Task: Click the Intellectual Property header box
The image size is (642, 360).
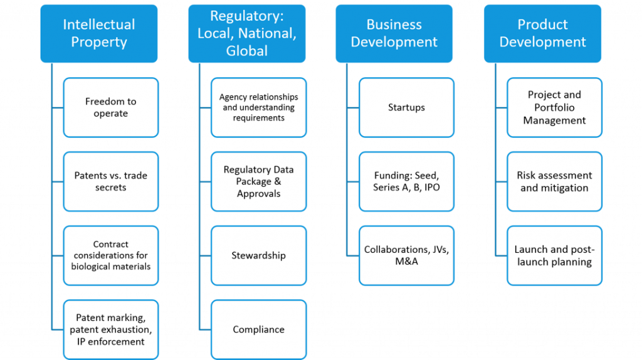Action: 99,33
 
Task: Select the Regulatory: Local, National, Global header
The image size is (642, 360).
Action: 246,33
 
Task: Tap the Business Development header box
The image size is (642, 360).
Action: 394,33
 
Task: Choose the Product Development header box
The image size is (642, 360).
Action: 542,33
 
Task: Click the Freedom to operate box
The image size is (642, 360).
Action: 110,107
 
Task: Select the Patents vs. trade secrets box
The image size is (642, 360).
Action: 110,181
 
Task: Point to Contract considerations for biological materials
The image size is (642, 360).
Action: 110,255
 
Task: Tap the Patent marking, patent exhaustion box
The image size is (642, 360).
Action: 110,329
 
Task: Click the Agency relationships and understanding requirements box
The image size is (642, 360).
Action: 258,107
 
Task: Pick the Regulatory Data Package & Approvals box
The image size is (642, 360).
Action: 258,181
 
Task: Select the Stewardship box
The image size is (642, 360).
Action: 258,255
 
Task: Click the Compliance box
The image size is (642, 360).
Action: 258,329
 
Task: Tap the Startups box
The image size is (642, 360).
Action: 406,107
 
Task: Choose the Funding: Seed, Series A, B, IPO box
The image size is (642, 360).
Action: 406,181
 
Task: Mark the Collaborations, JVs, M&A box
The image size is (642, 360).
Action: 406,255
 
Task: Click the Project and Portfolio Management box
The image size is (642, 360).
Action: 554,107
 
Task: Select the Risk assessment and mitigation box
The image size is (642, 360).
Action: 554,181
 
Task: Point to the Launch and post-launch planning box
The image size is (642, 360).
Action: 554,255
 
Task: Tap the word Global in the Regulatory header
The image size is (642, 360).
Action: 246,50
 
